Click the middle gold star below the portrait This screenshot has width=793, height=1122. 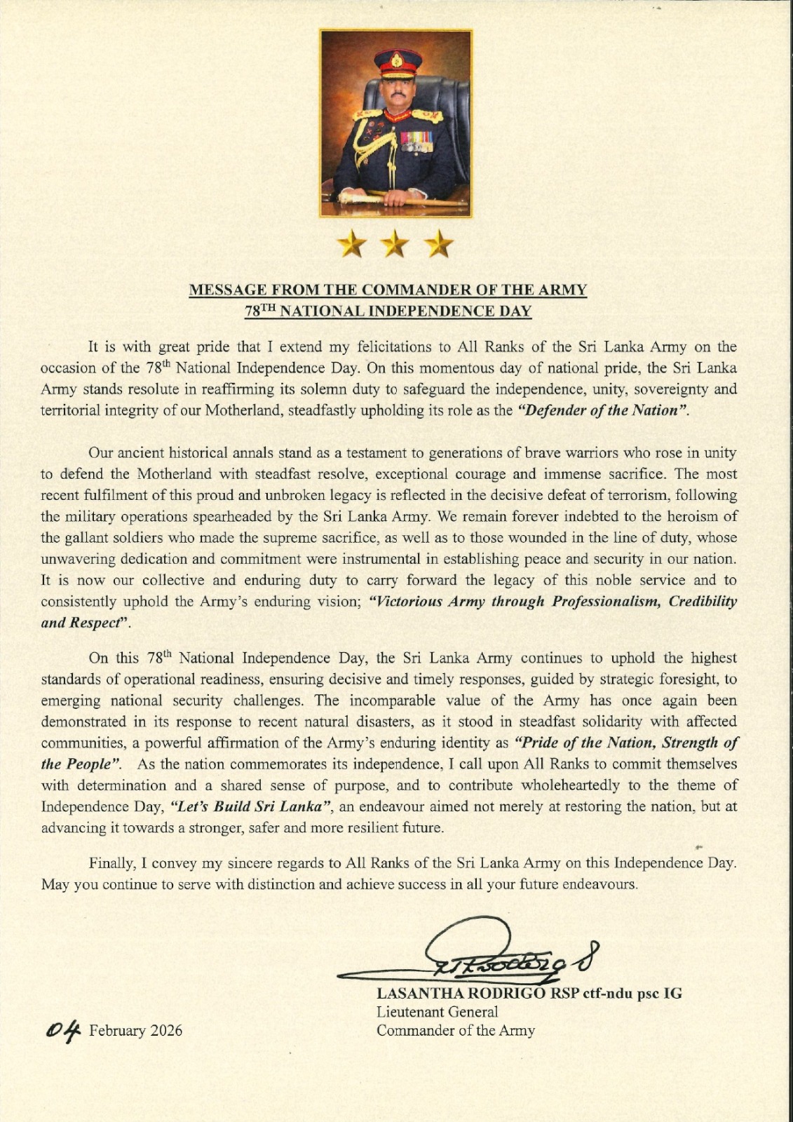[x=395, y=245]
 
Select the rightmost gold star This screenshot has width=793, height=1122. [x=440, y=245]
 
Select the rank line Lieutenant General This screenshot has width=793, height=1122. [x=438, y=1012]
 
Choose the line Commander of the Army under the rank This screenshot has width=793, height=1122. [x=456, y=1030]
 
